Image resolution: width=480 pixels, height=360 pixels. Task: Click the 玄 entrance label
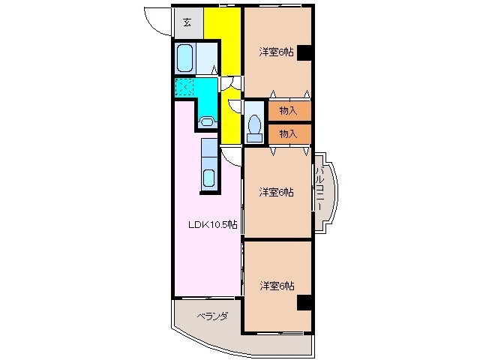[x=186, y=22]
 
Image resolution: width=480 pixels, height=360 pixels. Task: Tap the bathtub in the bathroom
[x=185, y=58]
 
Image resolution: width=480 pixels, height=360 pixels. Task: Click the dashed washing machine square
[x=184, y=88]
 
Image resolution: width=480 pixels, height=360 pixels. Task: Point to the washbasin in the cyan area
[x=207, y=120]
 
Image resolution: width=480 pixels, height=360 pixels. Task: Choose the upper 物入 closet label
[x=288, y=111]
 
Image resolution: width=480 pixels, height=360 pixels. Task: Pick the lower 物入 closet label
[x=288, y=133]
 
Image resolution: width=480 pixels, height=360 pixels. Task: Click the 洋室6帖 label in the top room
[x=276, y=52]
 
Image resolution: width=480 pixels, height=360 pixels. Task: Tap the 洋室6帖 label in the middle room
[x=276, y=192]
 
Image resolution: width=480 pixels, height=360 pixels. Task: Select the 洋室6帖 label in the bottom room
[x=276, y=286]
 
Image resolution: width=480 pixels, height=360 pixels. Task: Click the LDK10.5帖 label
[x=213, y=224]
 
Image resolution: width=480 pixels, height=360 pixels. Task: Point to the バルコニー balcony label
[x=320, y=189]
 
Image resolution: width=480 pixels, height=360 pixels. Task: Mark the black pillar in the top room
[x=304, y=52]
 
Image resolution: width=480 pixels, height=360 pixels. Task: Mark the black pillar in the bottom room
[x=304, y=301]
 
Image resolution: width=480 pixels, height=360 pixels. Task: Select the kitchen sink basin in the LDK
[x=209, y=178]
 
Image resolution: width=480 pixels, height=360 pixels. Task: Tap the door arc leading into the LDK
[x=232, y=155]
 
